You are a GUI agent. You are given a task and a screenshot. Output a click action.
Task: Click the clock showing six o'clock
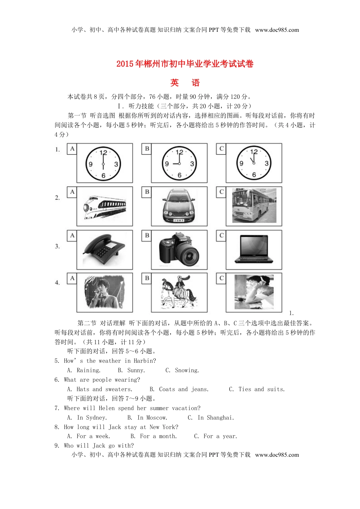103,164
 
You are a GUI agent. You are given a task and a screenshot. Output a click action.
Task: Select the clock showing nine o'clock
179,164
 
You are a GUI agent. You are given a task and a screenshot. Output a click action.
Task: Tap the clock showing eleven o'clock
254,163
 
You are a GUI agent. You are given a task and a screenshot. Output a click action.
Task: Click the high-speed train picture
104,207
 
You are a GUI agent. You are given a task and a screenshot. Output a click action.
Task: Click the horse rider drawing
178,293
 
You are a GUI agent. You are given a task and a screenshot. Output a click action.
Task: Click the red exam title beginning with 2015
185,64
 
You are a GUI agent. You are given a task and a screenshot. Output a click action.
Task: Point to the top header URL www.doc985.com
277,30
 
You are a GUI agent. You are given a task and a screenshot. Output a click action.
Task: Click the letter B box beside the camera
147,236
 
